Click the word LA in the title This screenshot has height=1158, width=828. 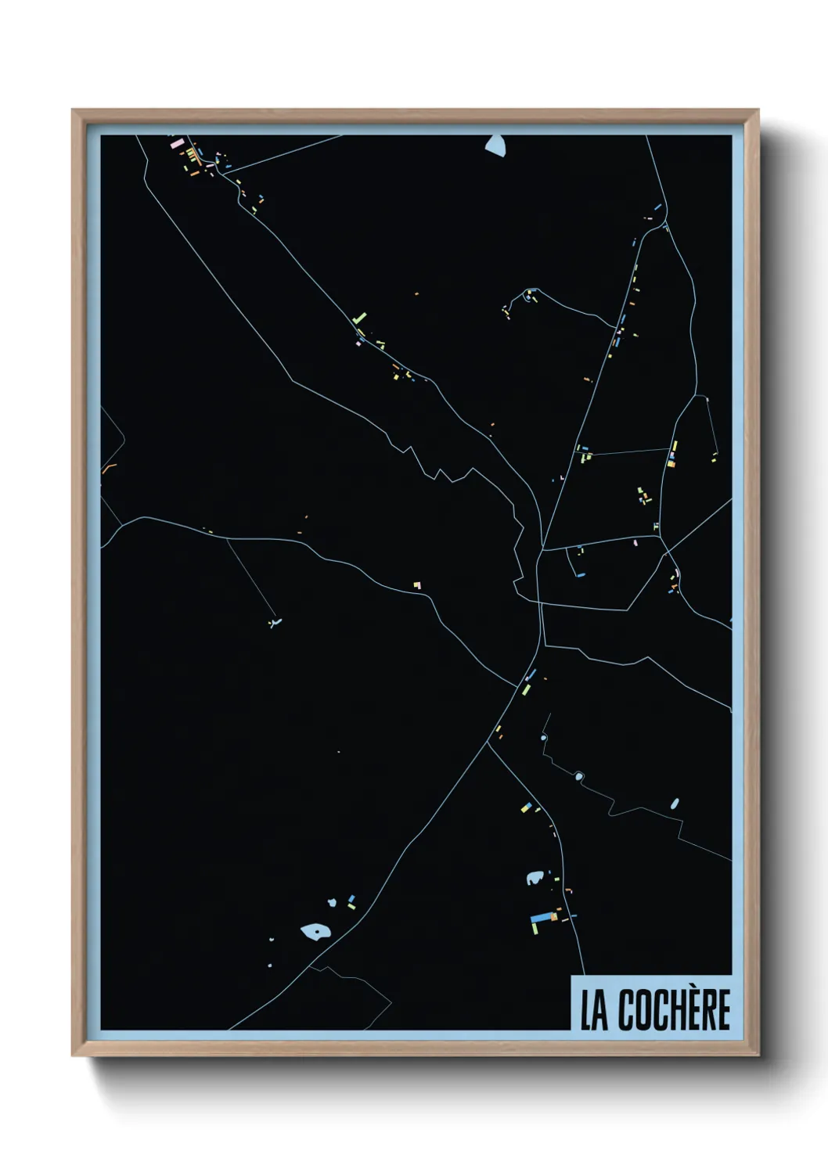click(x=593, y=1010)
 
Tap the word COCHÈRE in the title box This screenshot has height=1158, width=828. click(x=674, y=1010)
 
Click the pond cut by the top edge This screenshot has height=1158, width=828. click(x=495, y=144)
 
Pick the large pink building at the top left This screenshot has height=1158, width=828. click(x=176, y=144)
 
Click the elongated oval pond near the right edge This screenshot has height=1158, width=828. click(x=675, y=804)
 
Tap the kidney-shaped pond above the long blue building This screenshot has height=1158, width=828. click(x=535, y=878)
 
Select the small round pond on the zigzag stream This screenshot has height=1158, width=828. click(x=579, y=776)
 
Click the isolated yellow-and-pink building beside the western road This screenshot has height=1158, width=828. click(x=417, y=584)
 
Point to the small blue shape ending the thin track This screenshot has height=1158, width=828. click(x=273, y=624)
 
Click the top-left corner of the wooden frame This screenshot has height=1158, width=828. click(x=73, y=110)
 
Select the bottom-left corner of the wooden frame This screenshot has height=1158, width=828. click(x=73, y=1056)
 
